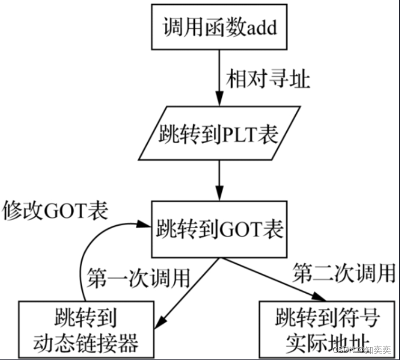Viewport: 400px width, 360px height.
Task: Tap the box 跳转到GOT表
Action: (x=219, y=229)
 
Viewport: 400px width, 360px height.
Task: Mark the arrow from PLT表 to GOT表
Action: (x=219, y=179)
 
